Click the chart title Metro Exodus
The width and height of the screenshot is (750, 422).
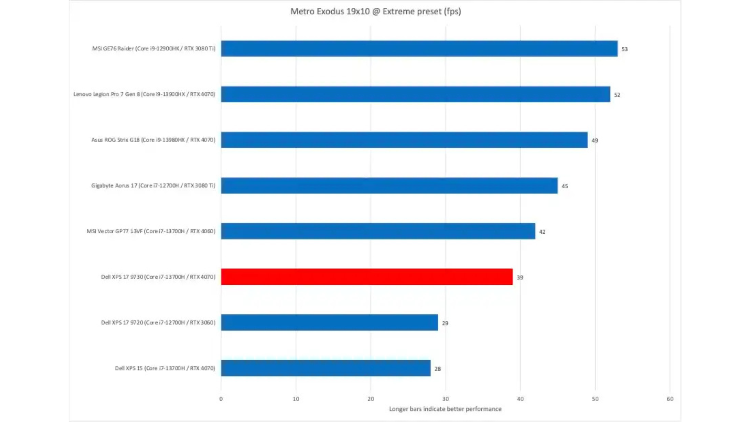(x=375, y=11)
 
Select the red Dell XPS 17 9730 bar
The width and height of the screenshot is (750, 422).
(x=366, y=277)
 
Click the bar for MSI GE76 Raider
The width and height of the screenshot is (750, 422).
(x=419, y=48)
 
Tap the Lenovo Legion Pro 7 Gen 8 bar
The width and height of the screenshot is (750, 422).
(x=415, y=94)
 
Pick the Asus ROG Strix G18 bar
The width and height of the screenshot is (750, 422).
(x=404, y=140)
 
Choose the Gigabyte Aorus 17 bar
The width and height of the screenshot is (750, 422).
(x=389, y=186)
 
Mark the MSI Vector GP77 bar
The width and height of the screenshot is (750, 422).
(x=378, y=231)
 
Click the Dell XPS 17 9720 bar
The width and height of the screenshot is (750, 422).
(x=329, y=322)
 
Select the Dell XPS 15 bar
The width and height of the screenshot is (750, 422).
(x=325, y=368)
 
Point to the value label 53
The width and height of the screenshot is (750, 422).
(x=625, y=49)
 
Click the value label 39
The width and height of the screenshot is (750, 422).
(x=520, y=277)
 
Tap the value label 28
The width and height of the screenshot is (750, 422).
(x=437, y=369)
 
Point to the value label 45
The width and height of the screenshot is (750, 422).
(x=565, y=186)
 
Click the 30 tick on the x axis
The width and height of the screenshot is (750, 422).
(x=445, y=399)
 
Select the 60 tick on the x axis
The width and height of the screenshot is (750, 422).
(x=670, y=399)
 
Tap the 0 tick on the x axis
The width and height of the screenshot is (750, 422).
(x=221, y=399)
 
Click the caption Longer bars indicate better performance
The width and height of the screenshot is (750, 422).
(x=445, y=409)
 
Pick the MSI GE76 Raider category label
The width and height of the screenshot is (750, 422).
(x=154, y=48)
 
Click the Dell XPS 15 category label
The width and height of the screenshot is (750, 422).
(x=165, y=368)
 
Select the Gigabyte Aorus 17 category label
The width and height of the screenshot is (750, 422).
(x=153, y=186)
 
